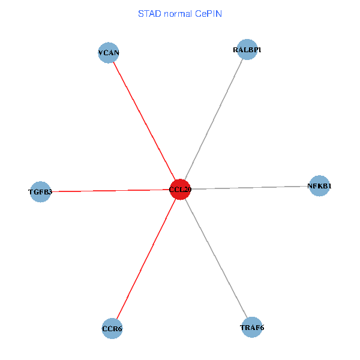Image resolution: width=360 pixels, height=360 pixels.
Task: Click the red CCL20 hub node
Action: [180, 190]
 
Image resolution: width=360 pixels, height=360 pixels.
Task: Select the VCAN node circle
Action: [109, 53]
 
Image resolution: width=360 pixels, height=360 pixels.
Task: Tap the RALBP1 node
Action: [247, 50]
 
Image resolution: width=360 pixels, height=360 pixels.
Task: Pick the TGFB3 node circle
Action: [40, 192]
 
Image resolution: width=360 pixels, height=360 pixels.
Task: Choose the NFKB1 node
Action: [319, 186]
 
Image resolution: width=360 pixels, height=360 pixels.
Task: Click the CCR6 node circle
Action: [112, 329]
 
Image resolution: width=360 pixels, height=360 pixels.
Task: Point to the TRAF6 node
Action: [252, 328]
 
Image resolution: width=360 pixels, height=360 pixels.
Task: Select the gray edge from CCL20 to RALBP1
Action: [214, 119]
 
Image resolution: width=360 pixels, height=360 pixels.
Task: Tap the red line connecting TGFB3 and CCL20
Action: [108, 191]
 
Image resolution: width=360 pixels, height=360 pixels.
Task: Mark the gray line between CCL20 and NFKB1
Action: [252, 188]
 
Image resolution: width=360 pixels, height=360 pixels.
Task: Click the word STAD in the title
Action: [149, 13]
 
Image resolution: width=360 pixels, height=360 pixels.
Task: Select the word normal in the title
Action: [177, 13]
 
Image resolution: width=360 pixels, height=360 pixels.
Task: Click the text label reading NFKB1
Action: [319, 186]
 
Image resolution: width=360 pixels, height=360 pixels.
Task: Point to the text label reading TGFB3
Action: [40, 192]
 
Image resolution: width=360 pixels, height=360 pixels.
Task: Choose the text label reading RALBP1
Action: [247, 50]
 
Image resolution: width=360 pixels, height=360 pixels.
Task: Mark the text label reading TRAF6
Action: [252, 328]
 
